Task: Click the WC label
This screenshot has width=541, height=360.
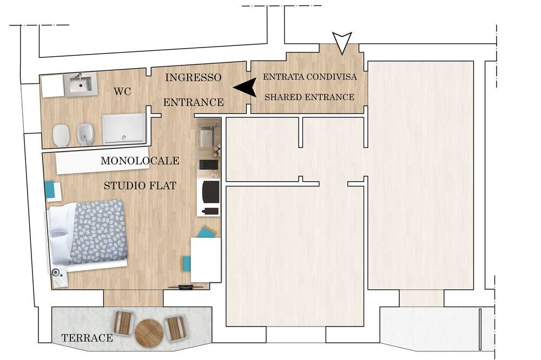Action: [x=122, y=91]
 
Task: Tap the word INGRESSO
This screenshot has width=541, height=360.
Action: [x=193, y=78]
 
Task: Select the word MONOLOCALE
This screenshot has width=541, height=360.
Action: [x=140, y=161]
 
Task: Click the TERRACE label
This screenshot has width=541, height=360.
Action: [x=87, y=338]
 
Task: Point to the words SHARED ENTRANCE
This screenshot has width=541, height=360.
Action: [x=309, y=97]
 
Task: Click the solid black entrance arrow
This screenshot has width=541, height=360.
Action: [x=245, y=88]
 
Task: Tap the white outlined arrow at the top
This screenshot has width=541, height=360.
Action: [x=342, y=43]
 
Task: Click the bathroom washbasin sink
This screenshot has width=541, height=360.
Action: [x=81, y=84]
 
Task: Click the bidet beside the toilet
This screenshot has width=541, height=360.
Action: [x=84, y=134]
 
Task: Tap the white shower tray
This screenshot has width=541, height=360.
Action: [x=124, y=129]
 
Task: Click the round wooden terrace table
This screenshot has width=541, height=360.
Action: [x=149, y=332]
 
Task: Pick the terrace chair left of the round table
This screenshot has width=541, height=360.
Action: [x=123, y=323]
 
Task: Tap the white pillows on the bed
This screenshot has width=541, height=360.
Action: [x=61, y=233]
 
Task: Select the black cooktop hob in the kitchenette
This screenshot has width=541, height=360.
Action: [x=209, y=165]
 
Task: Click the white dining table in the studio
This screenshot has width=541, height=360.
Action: [x=206, y=259]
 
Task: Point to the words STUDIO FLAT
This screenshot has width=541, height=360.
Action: [x=140, y=186]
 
